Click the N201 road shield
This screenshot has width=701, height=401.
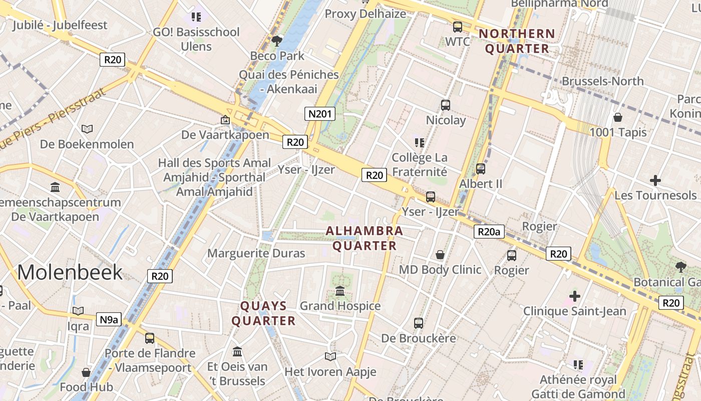(x=320, y=114)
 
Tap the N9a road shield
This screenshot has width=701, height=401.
(x=109, y=319)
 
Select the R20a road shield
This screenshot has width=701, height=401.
(x=489, y=232)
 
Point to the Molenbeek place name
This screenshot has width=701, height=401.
(x=70, y=272)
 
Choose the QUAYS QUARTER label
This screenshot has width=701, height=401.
(x=263, y=313)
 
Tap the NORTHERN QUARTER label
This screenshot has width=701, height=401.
(x=517, y=41)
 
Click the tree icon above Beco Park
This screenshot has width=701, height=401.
(x=276, y=41)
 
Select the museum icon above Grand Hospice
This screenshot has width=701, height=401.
(x=340, y=291)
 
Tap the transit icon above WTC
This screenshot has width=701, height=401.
(x=458, y=27)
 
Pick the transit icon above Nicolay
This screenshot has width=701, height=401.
(x=446, y=105)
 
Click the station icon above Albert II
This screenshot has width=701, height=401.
(x=481, y=169)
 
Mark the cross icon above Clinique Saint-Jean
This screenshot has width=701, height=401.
(x=575, y=296)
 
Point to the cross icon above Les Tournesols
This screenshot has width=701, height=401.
(x=655, y=180)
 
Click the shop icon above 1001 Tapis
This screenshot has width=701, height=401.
(x=618, y=117)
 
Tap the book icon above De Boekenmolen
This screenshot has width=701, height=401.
(x=87, y=129)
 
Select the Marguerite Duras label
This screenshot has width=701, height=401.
(x=256, y=253)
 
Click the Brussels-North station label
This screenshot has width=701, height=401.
(x=602, y=81)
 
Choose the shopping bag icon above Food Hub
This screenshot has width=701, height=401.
(x=86, y=372)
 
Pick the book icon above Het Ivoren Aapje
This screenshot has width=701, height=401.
(x=330, y=356)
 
